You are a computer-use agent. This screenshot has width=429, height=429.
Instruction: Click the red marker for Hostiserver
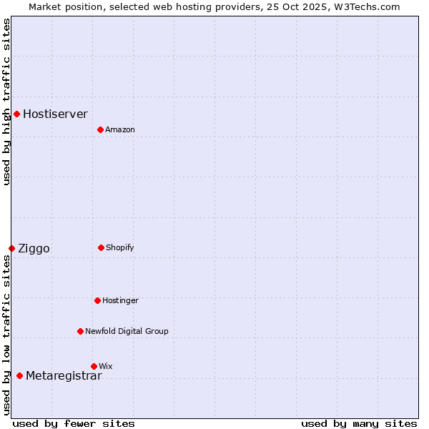click(x=16, y=114)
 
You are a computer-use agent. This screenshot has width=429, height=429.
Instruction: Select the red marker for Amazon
click(x=100, y=129)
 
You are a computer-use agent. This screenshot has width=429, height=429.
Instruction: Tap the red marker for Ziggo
click(x=11, y=248)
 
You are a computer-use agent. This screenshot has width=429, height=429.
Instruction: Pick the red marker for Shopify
click(x=101, y=247)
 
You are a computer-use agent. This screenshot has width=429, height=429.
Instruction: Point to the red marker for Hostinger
click(x=97, y=300)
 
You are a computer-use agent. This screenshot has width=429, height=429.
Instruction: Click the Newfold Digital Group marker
click(x=80, y=331)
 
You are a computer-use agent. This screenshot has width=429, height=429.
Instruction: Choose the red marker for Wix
click(x=94, y=366)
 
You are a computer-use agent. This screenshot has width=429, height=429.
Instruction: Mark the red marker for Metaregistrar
click(x=19, y=375)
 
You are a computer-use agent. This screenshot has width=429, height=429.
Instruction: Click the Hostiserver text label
click(x=55, y=114)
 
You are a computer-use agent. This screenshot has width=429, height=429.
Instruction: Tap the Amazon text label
click(x=120, y=129)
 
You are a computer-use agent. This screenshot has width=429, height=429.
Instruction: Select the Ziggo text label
click(x=34, y=249)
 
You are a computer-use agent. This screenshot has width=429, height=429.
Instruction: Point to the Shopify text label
click(x=120, y=247)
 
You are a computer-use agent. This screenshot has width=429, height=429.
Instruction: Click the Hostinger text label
click(x=120, y=300)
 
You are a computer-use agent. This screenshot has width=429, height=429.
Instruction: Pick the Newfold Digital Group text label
click(x=127, y=331)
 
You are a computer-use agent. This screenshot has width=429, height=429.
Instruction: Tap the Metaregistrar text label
click(x=64, y=376)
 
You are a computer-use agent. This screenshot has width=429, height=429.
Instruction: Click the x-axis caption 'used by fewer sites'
click(x=74, y=423)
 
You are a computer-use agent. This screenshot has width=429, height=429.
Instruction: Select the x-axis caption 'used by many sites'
click(x=359, y=423)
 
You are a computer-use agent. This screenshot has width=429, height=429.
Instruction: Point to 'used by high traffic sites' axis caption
click(x=6, y=102)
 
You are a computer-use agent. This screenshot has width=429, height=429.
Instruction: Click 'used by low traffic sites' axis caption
click(x=6, y=335)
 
